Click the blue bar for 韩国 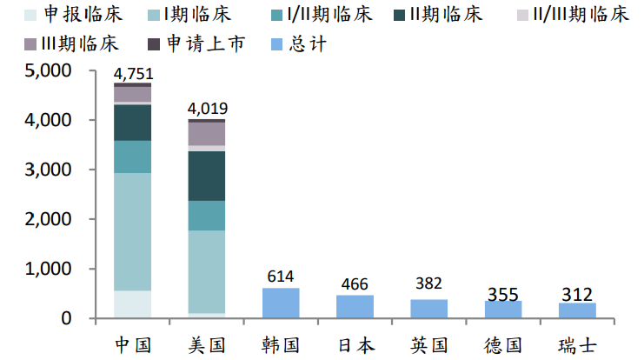281,303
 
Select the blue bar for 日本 355,307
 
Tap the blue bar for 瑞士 577,310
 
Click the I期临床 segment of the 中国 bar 132,232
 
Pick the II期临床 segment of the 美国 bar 207,176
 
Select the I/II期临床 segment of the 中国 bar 132,157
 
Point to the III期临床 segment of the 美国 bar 207,134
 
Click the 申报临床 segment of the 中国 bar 132,304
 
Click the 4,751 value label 134,74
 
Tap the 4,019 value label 208,109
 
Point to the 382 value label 428,283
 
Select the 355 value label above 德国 503,295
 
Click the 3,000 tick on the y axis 48,170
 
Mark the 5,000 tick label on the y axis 48,70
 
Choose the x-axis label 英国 428,345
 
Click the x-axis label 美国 207,345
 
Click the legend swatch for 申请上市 154,44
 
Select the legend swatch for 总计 277,44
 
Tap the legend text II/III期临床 581,15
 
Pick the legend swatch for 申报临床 30,15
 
